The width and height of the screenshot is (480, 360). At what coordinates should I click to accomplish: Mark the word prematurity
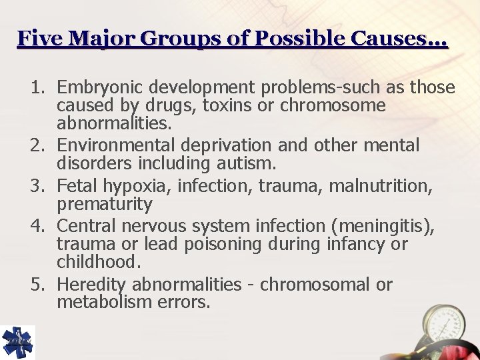coord(105,204)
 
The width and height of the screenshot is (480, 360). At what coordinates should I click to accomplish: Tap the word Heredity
coord(91,285)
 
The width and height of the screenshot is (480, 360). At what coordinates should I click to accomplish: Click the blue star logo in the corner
coord(17,343)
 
